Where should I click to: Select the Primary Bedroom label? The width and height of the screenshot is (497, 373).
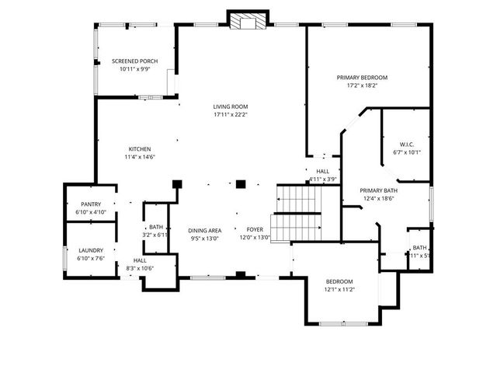click(362, 78)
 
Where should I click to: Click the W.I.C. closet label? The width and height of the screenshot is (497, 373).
click(407, 145)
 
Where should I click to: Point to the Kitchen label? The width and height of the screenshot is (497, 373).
click(140, 149)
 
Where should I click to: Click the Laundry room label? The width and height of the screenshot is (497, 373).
click(90, 250)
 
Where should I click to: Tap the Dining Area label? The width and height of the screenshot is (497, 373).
click(205, 231)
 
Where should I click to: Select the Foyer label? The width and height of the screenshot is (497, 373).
click(255, 231)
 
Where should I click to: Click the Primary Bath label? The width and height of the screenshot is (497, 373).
click(378, 190)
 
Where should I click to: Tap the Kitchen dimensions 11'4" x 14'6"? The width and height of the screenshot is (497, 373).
click(140, 157)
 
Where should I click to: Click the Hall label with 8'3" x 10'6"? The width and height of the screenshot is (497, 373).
click(140, 260)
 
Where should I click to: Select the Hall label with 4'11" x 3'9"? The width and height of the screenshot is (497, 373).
click(322, 171)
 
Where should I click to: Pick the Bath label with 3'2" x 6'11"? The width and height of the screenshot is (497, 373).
click(156, 227)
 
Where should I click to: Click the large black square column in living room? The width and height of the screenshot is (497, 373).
click(241, 184)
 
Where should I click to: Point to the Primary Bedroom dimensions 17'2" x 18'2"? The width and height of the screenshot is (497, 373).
click(362, 85)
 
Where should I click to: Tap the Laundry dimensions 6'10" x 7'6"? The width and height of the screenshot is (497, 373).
click(90, 258)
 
